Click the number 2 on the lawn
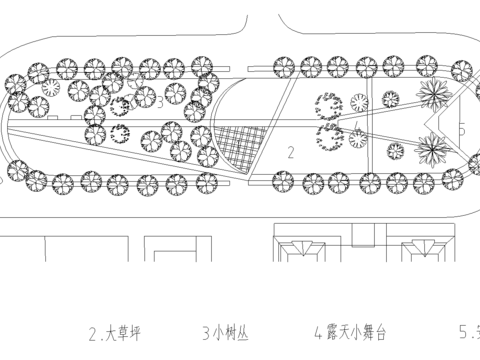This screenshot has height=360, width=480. click(x=290, y=152)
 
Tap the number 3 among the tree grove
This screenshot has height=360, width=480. click(x=160, y=103)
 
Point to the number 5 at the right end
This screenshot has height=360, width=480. click(x=462, y=130)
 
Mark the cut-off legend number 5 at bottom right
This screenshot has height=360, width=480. click(x=466, y=332)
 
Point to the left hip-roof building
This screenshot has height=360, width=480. click(x=299, y=251)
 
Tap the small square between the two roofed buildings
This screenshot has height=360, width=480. click(x=362, y=237)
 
